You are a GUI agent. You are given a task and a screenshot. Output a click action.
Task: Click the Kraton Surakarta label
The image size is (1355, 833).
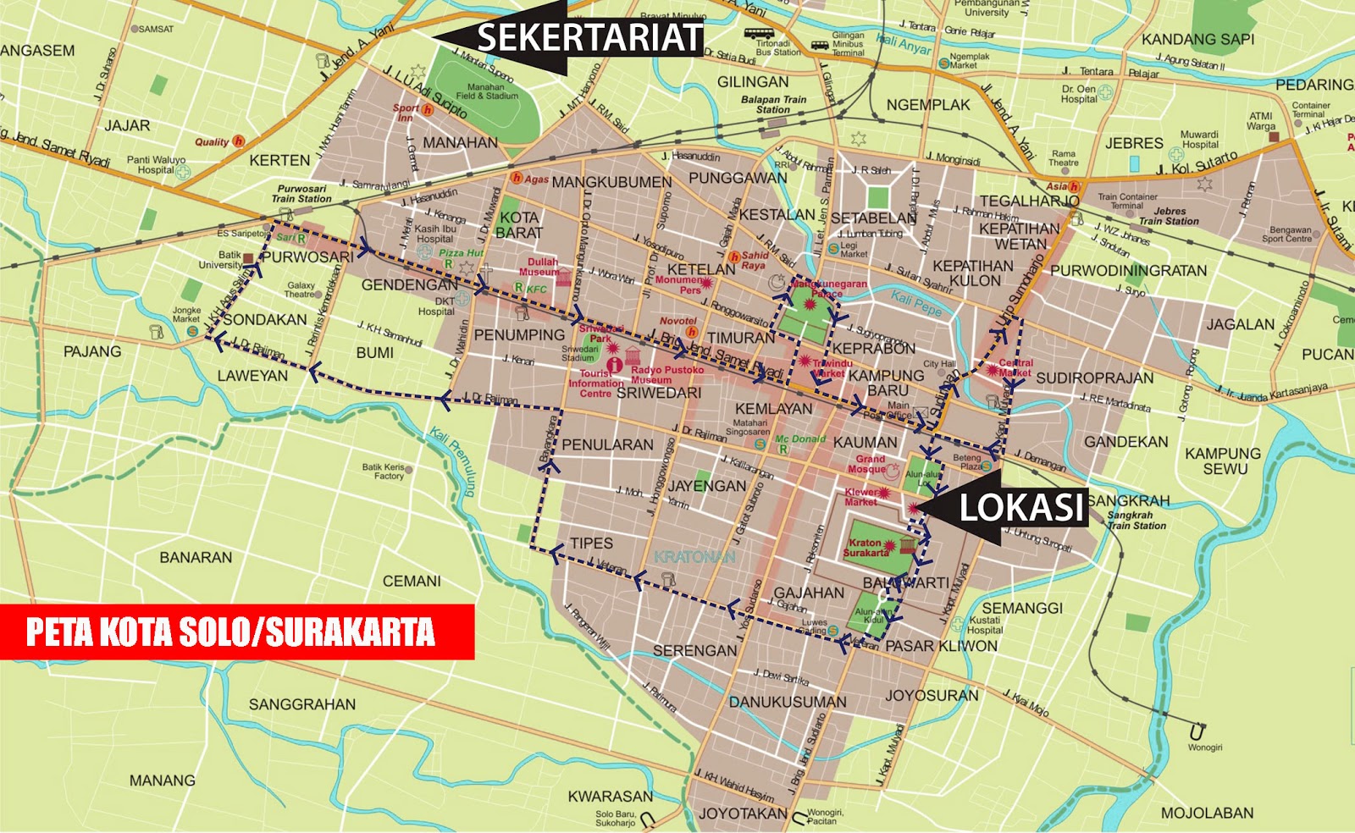(866, 548)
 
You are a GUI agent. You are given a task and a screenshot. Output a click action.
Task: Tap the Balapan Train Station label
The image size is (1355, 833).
(773, 104)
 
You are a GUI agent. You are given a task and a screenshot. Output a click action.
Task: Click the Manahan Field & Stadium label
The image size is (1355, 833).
(486, 91)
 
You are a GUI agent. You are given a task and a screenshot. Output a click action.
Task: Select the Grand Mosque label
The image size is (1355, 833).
(868, 464)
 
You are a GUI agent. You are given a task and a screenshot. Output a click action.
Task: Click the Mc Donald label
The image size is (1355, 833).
(799, 439)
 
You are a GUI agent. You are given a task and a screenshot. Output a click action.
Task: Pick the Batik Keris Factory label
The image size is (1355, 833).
(384, 472)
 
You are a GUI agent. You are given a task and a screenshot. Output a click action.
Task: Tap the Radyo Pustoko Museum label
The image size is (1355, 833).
(666, 374)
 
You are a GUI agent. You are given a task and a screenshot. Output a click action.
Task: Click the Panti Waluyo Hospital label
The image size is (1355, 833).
(156, 164)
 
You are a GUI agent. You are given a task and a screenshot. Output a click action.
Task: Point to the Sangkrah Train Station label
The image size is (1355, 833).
(1136, 520)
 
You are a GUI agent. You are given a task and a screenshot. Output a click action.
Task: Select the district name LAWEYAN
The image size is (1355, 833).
(252, 375)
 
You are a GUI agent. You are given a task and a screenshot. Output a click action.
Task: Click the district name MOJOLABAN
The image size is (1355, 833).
(1207, 813)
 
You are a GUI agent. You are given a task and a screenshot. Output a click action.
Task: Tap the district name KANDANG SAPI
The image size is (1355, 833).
(1197, 39)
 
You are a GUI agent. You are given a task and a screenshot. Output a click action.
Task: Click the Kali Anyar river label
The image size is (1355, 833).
(903, 44)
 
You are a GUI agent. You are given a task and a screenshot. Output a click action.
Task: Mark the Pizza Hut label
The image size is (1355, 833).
(461, 252)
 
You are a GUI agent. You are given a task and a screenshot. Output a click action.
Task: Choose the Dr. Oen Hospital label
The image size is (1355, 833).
(1078, 94)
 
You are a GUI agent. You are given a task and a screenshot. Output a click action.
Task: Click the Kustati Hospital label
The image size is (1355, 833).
(984, 625)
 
